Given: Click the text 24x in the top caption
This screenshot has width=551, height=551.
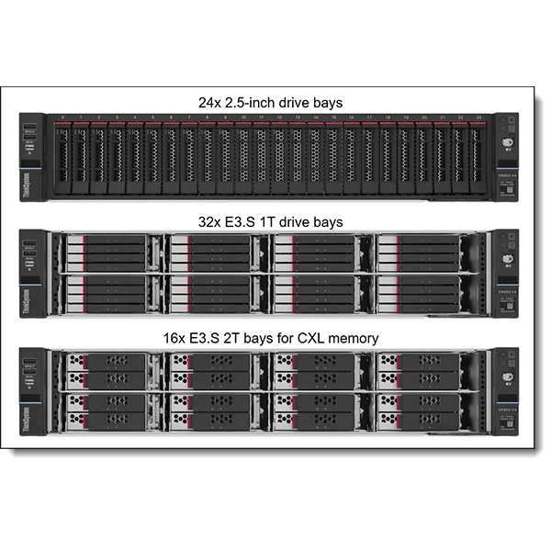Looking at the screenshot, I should click(x=209, y=103).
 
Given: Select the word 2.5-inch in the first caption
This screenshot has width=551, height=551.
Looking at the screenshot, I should click(x=251, y=103).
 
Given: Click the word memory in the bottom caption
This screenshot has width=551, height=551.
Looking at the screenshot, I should click(x=354, y=338).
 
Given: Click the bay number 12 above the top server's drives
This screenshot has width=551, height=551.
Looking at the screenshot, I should click(x=280, y=118).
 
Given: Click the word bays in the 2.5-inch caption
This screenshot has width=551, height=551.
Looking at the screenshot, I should click(x=327, y=103).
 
